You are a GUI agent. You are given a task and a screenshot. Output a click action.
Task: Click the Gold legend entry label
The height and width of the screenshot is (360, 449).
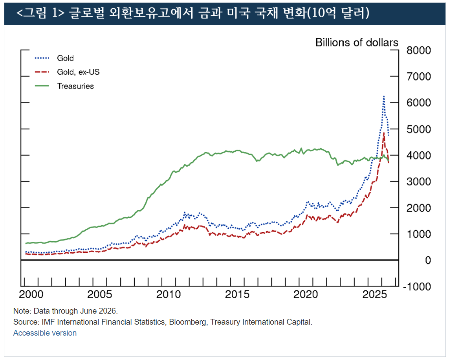point(65,58)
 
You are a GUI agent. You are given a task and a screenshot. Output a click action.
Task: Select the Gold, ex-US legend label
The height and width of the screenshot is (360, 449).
point(78,72)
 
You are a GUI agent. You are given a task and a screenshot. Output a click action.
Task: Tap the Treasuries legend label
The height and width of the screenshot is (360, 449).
point(75,86)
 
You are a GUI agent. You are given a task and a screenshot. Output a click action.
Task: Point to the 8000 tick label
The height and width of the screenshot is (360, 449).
point(419,50)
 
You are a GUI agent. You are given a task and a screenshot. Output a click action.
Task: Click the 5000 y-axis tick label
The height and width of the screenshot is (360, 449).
point(419,129)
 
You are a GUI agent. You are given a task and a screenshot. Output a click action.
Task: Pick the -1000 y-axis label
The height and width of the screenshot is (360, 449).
point(417,287)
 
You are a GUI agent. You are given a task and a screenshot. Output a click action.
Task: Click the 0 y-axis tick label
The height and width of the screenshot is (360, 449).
point(428,260)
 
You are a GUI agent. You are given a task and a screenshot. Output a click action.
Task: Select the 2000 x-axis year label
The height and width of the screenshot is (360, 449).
point(31,294)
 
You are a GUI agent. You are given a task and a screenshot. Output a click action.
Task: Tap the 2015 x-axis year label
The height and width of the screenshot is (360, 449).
point(237,294)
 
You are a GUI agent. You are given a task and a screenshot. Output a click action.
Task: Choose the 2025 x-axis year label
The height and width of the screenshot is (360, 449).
point(374,294)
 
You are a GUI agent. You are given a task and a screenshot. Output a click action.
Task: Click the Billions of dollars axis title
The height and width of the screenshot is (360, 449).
point(357,42)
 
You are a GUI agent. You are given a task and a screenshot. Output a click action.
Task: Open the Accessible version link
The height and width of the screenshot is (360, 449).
point(45,333)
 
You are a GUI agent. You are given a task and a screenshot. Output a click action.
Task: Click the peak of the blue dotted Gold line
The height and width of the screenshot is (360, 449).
point(384,97)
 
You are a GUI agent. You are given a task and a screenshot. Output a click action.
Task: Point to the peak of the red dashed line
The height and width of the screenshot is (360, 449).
point(384,133)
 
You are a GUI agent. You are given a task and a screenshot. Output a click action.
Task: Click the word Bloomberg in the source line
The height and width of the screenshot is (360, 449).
point(187,322)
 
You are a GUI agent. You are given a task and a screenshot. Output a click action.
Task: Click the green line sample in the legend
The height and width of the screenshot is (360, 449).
point(42,86)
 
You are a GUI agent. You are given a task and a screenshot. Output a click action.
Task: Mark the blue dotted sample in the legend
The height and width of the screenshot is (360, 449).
point(42,58)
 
